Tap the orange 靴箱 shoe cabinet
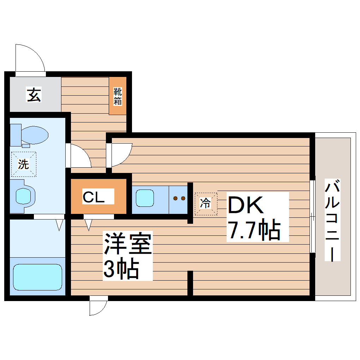tap(118, 96)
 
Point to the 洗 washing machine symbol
tap(23, 164)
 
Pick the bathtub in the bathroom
tap(37, 277)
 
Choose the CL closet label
tap(94, 197)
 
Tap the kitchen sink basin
tap(145, 198)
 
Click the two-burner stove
tap(179, 198)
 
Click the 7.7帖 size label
tap(253, 230)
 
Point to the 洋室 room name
tap(127, 244)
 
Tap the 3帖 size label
tap(120, 270)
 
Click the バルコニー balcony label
tap(332, 221)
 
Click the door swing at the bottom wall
tap(98, 305)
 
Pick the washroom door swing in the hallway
tap(79, 156)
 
